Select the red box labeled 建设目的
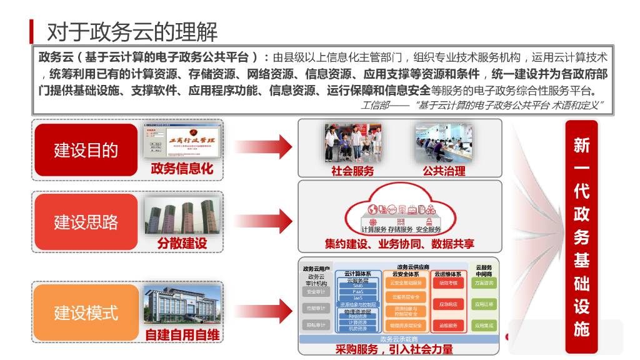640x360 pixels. point(86,150)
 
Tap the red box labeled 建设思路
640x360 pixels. point(86,222)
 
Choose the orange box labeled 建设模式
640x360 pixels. point(86,312)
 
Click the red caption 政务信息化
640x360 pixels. point(182,169)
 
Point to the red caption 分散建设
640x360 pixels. point(182,243)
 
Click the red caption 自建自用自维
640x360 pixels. point(182,336)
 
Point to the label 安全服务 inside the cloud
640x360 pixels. point(428,229)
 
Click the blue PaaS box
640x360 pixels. point(358,291)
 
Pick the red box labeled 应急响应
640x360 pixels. point(449,304)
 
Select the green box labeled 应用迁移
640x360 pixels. point(484,304)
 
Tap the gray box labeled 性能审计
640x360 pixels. point(316,308)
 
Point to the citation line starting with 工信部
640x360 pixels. point(481,105)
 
